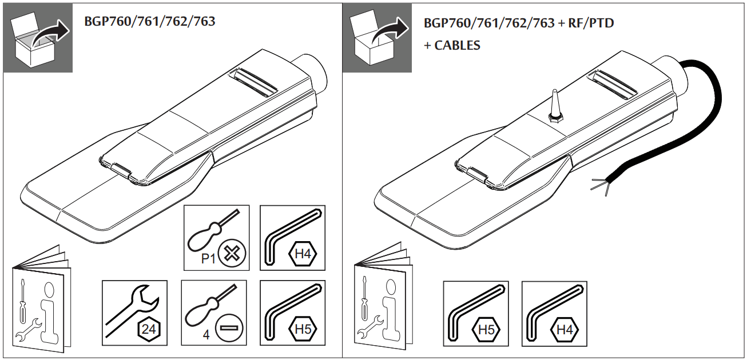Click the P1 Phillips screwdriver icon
(x=216, y=237)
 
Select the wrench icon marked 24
(x=134, y=313)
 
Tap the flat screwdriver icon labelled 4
(x=214, y=313)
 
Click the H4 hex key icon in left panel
(x=292, y=237)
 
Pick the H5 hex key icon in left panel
(x=292, y=313)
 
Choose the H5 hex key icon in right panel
(x=476, y=313)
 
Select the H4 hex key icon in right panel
(x=554, y=313)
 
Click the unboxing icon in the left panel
(x=38, y=38)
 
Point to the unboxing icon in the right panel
(x=377, y=38)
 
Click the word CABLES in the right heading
(x=458, y=45)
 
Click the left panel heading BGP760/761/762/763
(x=150, y=22)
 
